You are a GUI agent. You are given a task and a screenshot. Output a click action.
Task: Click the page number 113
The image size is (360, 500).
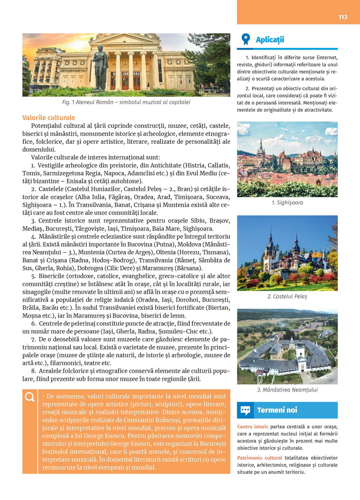click(x=343, y=17)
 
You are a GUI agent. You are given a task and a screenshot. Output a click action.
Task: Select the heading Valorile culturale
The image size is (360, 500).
click(x=49, y=118)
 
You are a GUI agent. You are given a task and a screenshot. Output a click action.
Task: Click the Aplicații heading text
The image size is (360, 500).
click(x=270, y=40)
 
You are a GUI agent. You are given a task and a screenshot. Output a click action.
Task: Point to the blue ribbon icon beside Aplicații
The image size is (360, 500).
click(x=246, y=39)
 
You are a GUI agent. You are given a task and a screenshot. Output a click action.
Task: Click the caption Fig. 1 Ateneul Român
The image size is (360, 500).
click(x=126, y=102)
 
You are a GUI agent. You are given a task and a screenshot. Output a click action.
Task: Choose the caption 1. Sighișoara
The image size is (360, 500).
click(x=287, y=203)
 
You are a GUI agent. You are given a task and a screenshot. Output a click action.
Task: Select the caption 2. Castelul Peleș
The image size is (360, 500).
click(x=287, y=296)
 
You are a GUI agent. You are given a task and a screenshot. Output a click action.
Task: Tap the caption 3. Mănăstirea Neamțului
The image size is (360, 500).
click(x=287, y=390)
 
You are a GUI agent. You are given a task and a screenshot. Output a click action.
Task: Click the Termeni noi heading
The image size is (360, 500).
click(x=277, y=410)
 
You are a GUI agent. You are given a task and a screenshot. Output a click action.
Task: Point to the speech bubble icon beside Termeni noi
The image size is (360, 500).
click(x=246, y=410)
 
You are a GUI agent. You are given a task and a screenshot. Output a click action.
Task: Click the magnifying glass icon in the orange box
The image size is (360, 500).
click(x=30, y=397)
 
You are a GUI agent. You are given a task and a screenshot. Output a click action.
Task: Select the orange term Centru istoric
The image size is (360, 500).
click(x=253, y=427)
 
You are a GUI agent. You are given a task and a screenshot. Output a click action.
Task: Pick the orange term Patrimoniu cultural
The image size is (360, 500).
click(x=260, y=458)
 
